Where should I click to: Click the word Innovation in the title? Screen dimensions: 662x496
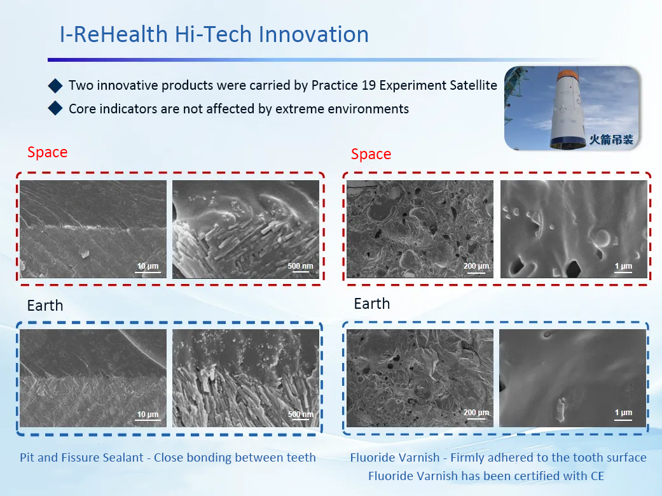314,34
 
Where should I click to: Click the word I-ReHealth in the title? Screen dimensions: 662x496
114,34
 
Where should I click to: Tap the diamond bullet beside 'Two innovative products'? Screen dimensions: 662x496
55,85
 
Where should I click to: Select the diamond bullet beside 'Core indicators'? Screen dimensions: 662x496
55,108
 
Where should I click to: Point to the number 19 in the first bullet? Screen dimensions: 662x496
369,85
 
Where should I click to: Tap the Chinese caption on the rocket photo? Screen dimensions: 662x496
611,139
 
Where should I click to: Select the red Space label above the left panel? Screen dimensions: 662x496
47,152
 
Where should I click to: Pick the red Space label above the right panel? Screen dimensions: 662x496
371,154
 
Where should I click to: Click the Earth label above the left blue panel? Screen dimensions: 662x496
45,305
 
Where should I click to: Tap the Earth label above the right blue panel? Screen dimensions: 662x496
372,304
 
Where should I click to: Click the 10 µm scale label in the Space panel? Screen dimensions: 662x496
148,266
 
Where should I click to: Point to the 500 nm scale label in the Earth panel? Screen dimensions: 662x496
301,415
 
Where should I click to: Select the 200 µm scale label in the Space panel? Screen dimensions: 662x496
476,266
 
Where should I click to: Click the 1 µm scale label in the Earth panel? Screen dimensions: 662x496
624,413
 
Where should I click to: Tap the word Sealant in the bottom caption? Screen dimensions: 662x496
125,458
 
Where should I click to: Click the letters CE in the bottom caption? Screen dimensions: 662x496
597,476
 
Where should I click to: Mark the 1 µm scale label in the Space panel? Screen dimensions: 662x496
624,266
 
